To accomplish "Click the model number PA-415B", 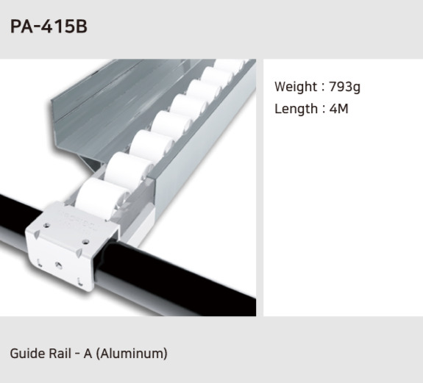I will click(49, 26).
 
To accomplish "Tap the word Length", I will click(295, 109).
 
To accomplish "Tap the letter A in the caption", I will click(88, 354).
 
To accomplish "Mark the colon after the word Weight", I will click(322, 87).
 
